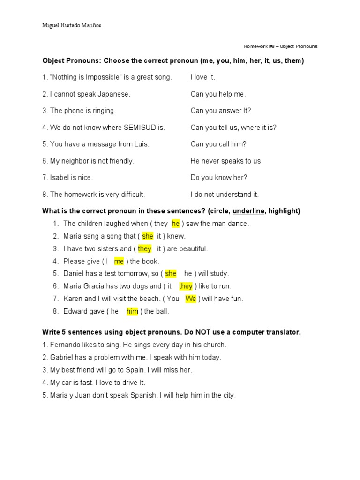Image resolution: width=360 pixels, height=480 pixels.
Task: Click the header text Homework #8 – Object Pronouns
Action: [x=280, y=46]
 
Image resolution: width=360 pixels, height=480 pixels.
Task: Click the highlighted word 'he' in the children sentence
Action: [x=176, y=224]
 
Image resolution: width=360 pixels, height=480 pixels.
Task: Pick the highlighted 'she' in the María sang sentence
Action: [x=148, y=236]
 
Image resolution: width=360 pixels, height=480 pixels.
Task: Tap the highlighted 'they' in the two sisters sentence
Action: [x=144, y=249]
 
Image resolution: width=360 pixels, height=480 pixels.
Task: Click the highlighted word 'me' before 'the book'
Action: [x=119, y=262]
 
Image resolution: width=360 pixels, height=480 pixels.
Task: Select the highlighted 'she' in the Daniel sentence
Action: [x=171, y=274]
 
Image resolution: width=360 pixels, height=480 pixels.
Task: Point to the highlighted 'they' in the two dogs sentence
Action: [x=186, y=286]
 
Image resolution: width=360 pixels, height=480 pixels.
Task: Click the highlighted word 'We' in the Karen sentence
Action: [x=191, y=299]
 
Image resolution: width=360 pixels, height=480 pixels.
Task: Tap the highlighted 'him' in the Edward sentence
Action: [x=132, y=311]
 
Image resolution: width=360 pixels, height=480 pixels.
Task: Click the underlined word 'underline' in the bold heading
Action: [x=248, y=211]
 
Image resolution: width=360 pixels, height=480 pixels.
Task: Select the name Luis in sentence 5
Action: [x=141, y=144]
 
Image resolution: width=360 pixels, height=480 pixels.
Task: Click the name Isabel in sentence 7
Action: [x=60, y=178]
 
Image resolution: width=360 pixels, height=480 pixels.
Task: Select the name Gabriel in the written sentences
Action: [x=62, y=357]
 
